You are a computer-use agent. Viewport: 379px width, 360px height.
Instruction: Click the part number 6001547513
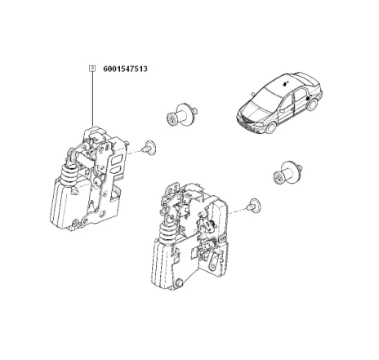pyautogui.click(x=125, y=69)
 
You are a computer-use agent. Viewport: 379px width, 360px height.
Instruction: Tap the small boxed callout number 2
pyautogui.click(x=93, y=69)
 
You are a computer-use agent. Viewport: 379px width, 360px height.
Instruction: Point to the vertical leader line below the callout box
pyautogui.click(x=93, y=99)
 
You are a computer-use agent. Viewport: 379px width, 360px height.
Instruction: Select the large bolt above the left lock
pyautogui.click(x=181, y=115)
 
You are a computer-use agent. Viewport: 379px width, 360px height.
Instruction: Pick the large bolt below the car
pyautogui.click(x=288, y=173)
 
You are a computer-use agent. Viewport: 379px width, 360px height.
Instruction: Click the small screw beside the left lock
pyautogui.click(x=149, y=148)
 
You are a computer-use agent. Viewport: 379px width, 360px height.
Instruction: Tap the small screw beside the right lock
pyautogui.click(x=255, y=205)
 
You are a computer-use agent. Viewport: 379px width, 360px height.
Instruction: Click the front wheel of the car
pyautogui.click(x=271, y=127)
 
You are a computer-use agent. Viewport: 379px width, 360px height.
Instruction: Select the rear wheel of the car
pyautogui.click(x=313, y=104)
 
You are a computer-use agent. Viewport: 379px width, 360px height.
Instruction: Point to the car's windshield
pyautogui.click(x=263, y=97)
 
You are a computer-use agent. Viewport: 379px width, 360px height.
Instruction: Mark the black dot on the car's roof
pyautogui.click(x=285, y=83)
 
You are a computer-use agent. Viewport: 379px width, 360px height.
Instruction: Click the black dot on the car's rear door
pyautogui.click(x=307, y=98)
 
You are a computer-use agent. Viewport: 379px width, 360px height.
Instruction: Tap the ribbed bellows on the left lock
pyautogui.click(x=69, y=176)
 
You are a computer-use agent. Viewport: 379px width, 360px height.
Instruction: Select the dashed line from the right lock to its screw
pyautogui.click(x=239, y=211)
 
